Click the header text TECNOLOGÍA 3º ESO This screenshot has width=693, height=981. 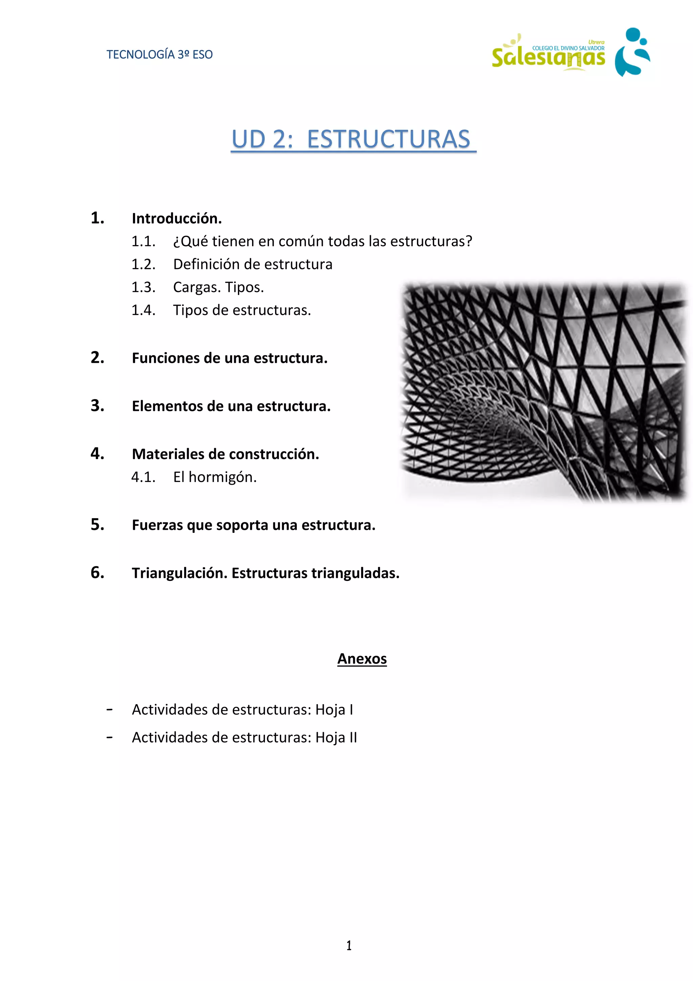click(x=159, y=55)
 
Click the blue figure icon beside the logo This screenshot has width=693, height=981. click(x=632, y=52)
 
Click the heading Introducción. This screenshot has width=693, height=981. click(x=177, y=218)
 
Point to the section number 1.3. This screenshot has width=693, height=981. click(x=143, y=287)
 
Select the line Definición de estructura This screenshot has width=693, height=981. click(x=252, y=264)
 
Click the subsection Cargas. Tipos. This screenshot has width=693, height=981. click(x=218, y=287)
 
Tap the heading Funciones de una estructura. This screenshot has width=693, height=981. click(x=229, y=358)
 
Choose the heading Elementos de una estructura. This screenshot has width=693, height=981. click(x=231, y=406)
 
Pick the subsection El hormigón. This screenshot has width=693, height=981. click(x=215, y=477)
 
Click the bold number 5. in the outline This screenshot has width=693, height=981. click(x=97, y=524)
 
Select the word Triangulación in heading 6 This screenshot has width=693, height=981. click(x=179, y=573)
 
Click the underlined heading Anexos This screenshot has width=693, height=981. click(x=362, y=658)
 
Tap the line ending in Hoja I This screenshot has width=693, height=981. click(x=242, y=709)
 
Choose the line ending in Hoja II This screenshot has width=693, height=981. click(x=244, y=737)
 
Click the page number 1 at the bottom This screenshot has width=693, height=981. click(x=349, y=945)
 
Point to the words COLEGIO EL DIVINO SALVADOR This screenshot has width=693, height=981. click(x=568, y=48)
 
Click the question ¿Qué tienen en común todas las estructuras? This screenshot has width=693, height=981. click(x=322, y=241)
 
